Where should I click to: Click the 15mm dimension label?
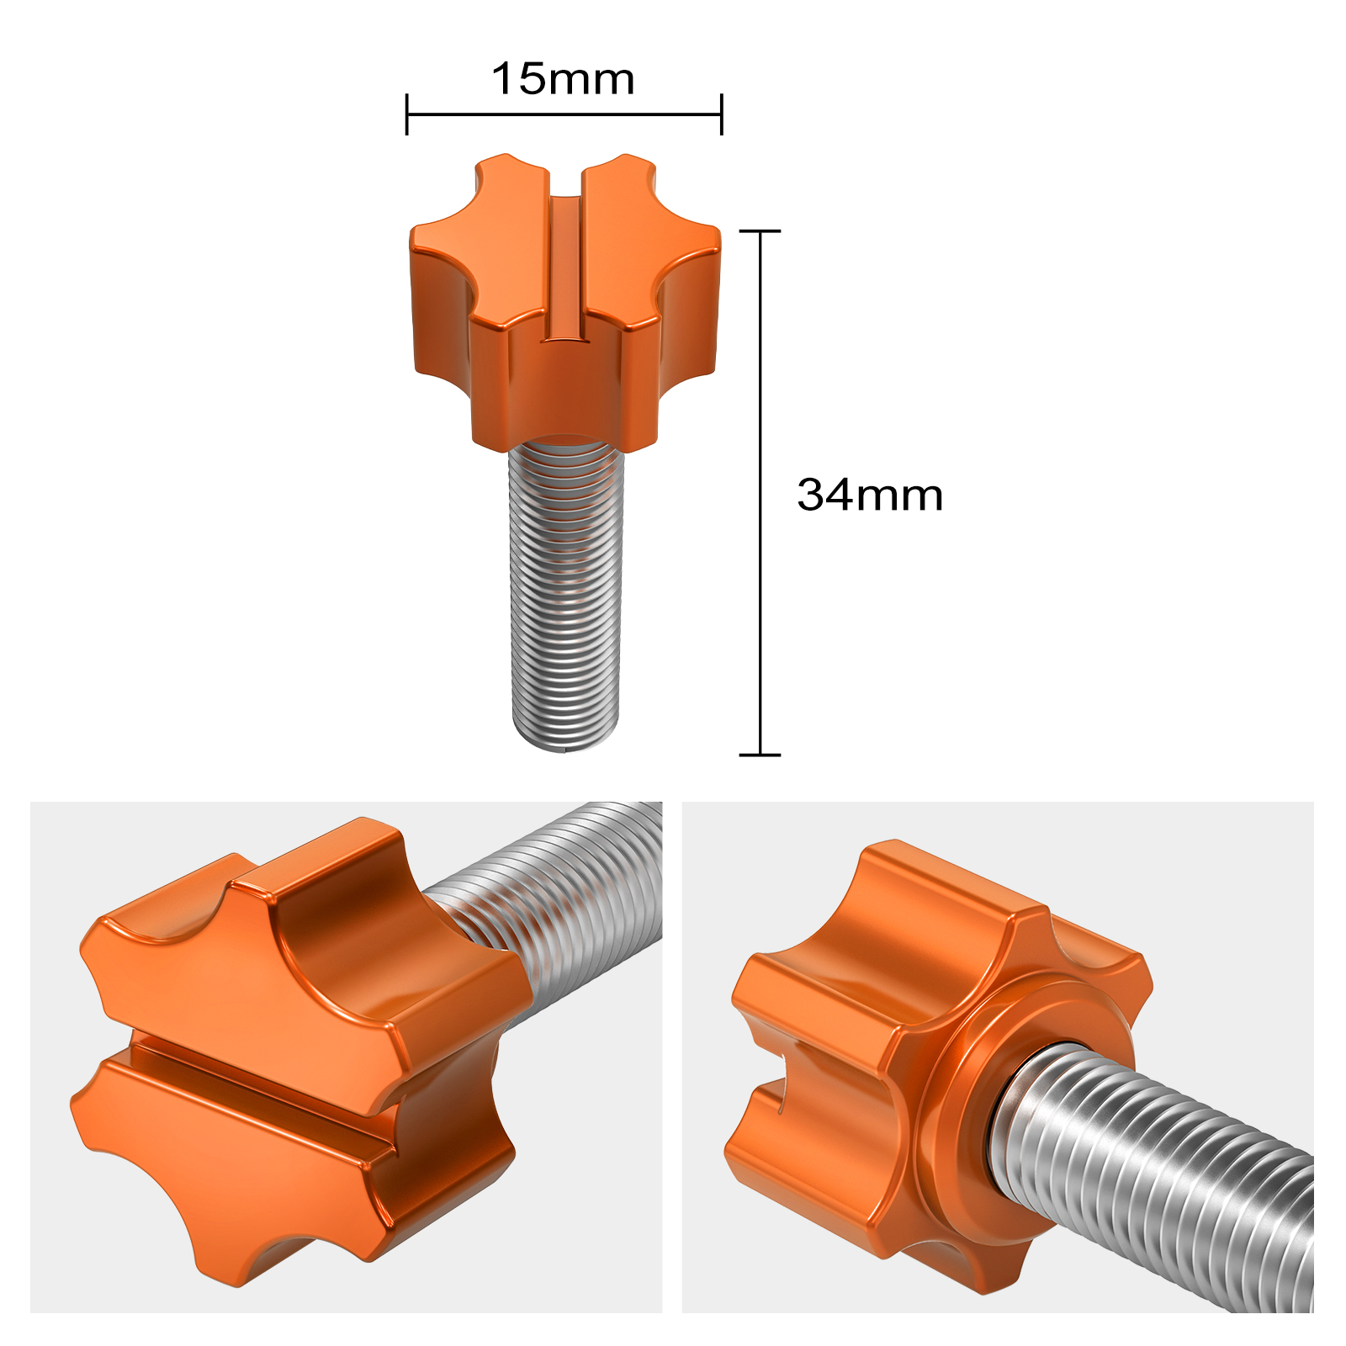tap(563, 79)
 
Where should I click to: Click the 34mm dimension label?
tap(870, 495)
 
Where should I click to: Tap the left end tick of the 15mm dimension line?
tap(407, 114)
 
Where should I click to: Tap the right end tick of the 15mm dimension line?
tap(721, 114)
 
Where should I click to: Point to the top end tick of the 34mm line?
tap(760, 231)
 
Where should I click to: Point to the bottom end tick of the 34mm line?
tap(760, 755)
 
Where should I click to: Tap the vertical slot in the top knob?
tap(565, 269)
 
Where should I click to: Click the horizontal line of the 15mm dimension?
tap(564, 114)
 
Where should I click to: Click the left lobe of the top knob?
tap(437, 303)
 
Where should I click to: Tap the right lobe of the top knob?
tap(690, 303)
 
